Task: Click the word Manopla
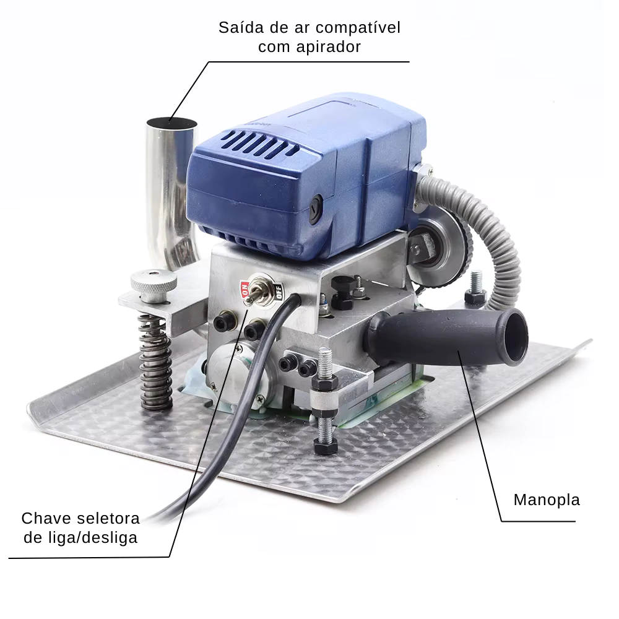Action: point(547,500)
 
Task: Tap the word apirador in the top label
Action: point(329,47)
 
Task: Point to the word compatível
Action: point(358,28)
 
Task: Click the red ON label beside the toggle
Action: point(245,290)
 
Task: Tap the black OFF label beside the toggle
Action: point(279,293)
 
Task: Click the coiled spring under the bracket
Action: point(155,361)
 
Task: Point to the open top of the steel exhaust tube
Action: point(171,123)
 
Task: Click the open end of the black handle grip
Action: point(516,336)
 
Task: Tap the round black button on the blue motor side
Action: point(316,209)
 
